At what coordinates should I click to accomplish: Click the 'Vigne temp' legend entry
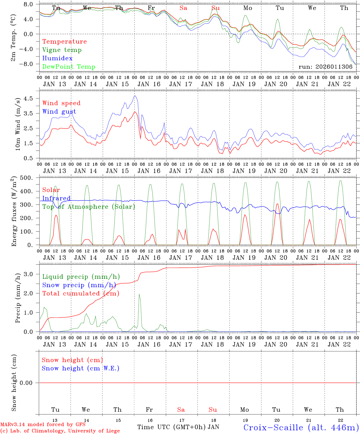click(62, 50)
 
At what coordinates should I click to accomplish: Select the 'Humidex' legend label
click(57, 58)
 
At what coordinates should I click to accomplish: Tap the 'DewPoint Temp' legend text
click(69, 67)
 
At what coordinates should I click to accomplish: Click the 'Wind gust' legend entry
click(59, 112)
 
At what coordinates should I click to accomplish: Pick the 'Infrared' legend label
click(56, 198)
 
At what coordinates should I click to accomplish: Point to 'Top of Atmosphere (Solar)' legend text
click(89, 207)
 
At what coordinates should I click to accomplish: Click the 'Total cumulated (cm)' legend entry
click(81, 294)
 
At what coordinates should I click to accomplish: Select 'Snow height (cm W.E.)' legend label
click(81, 368)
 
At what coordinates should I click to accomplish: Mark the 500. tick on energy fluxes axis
click(27, 178)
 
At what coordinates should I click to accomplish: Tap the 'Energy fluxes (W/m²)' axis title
click(14, 212)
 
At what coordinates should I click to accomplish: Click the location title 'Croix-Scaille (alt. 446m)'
click(301, 427)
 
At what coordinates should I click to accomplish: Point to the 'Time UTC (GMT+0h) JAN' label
click(178, 427)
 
